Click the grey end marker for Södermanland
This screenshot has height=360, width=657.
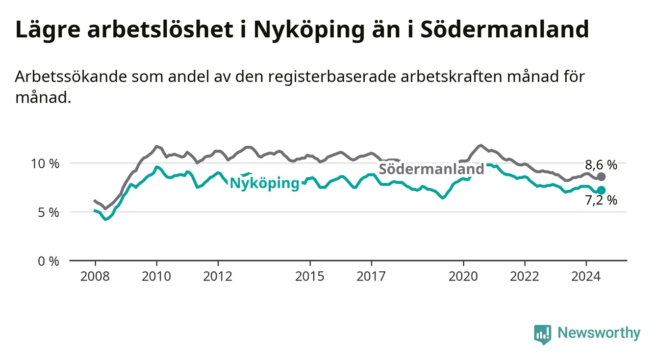pyautogui.click(x=601, y=177)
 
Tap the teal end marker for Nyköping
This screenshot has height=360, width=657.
pyautogui.click(x=601, y=190)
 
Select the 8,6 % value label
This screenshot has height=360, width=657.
pyautogui.click(x=601, y=165)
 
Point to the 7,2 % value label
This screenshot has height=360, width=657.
pyautogui.click(x=601, y=200)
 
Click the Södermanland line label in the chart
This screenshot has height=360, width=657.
pyautogui.click(x=431, y=169)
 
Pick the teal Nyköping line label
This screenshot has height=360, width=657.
pyautogui.click(x=265, y=183)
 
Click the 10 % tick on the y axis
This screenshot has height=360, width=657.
pyautogui.click(x=45, y=164)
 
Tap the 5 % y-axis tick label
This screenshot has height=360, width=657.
pyautogui.click(x=49, y=212)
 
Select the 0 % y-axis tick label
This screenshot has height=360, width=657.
pyautogui.click(x=49, y=261)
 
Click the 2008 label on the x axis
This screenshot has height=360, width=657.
pyautogui.click(x=95, y=277)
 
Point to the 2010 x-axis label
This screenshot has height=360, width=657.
pyautogui.click(x=156, y=277)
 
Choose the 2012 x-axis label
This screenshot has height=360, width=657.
pyautogui.click(x=218, y=277)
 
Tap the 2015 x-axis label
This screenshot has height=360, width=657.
pyautogui.click(x=310, y=277)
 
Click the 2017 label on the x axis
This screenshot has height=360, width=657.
pyautogui.click(x=371, y=277)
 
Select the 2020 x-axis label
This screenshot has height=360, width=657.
pyautogui.click(x=463, y=277)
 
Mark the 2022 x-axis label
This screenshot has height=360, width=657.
pyautogui.click(x=525, y=277)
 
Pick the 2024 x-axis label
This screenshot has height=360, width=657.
pyautogui.click(x=586, y=277)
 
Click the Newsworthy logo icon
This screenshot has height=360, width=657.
pyautogui.click(x=543, y=334)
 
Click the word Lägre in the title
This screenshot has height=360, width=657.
pyautogui.click(x=48, y=30)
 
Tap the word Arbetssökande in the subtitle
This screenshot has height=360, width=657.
pyautogui.click(x=71, y=77)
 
